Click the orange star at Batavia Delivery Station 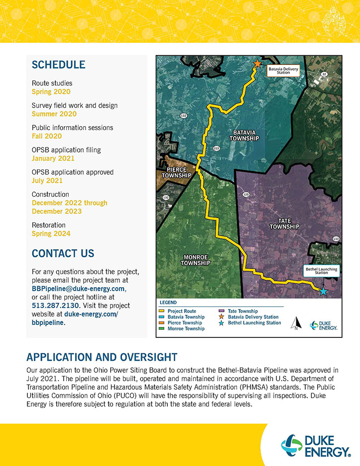(257, 64)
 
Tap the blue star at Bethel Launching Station (323, 291)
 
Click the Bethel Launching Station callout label (321, 271)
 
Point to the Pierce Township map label (177, 172)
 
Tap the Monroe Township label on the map (196, 260)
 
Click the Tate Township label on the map (284, 223)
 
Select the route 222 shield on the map (216, 148)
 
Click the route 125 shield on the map (245, 194)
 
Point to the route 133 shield (336, 239)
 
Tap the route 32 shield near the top (324, 74)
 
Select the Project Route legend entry (179, 311)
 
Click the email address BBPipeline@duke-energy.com (79, 289)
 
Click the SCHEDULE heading (58, 65)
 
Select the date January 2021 (53, 158)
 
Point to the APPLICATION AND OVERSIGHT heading (102, 357)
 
